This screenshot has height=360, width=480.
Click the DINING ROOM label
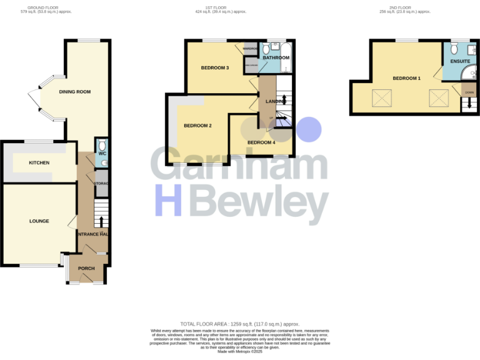click(x=75, y=92)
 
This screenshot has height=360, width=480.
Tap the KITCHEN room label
click(x=39, y=162)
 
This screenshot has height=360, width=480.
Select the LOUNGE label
click(x=39, y=221)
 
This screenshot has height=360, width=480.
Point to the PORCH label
click(x=86, y=268)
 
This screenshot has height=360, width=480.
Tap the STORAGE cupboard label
click(x=102, y=183)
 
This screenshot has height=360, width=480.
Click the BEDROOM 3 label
click(x=215, y=67)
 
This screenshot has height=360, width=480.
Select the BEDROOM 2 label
click(x=197, y=126)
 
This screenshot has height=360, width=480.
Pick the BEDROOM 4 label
click(x=261, y=142)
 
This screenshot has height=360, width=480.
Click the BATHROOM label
click(x=275, y=57)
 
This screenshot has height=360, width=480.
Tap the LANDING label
click(x=276, y=101)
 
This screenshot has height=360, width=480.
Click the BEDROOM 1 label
click(x=406, y=78)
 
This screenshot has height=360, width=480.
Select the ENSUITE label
click(x=460, y=61)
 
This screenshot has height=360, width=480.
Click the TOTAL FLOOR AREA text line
click(x=239, y=324)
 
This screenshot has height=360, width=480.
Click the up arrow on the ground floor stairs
click(x=101, y=221)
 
